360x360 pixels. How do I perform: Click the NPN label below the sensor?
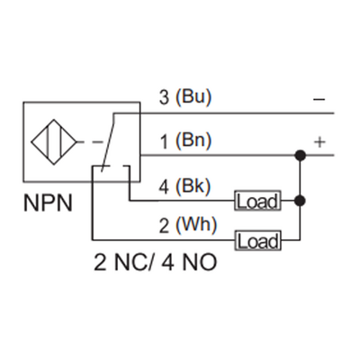[48, 205]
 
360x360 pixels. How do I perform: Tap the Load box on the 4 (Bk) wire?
[257, 201]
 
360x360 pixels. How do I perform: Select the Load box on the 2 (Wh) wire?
[257, 240]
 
